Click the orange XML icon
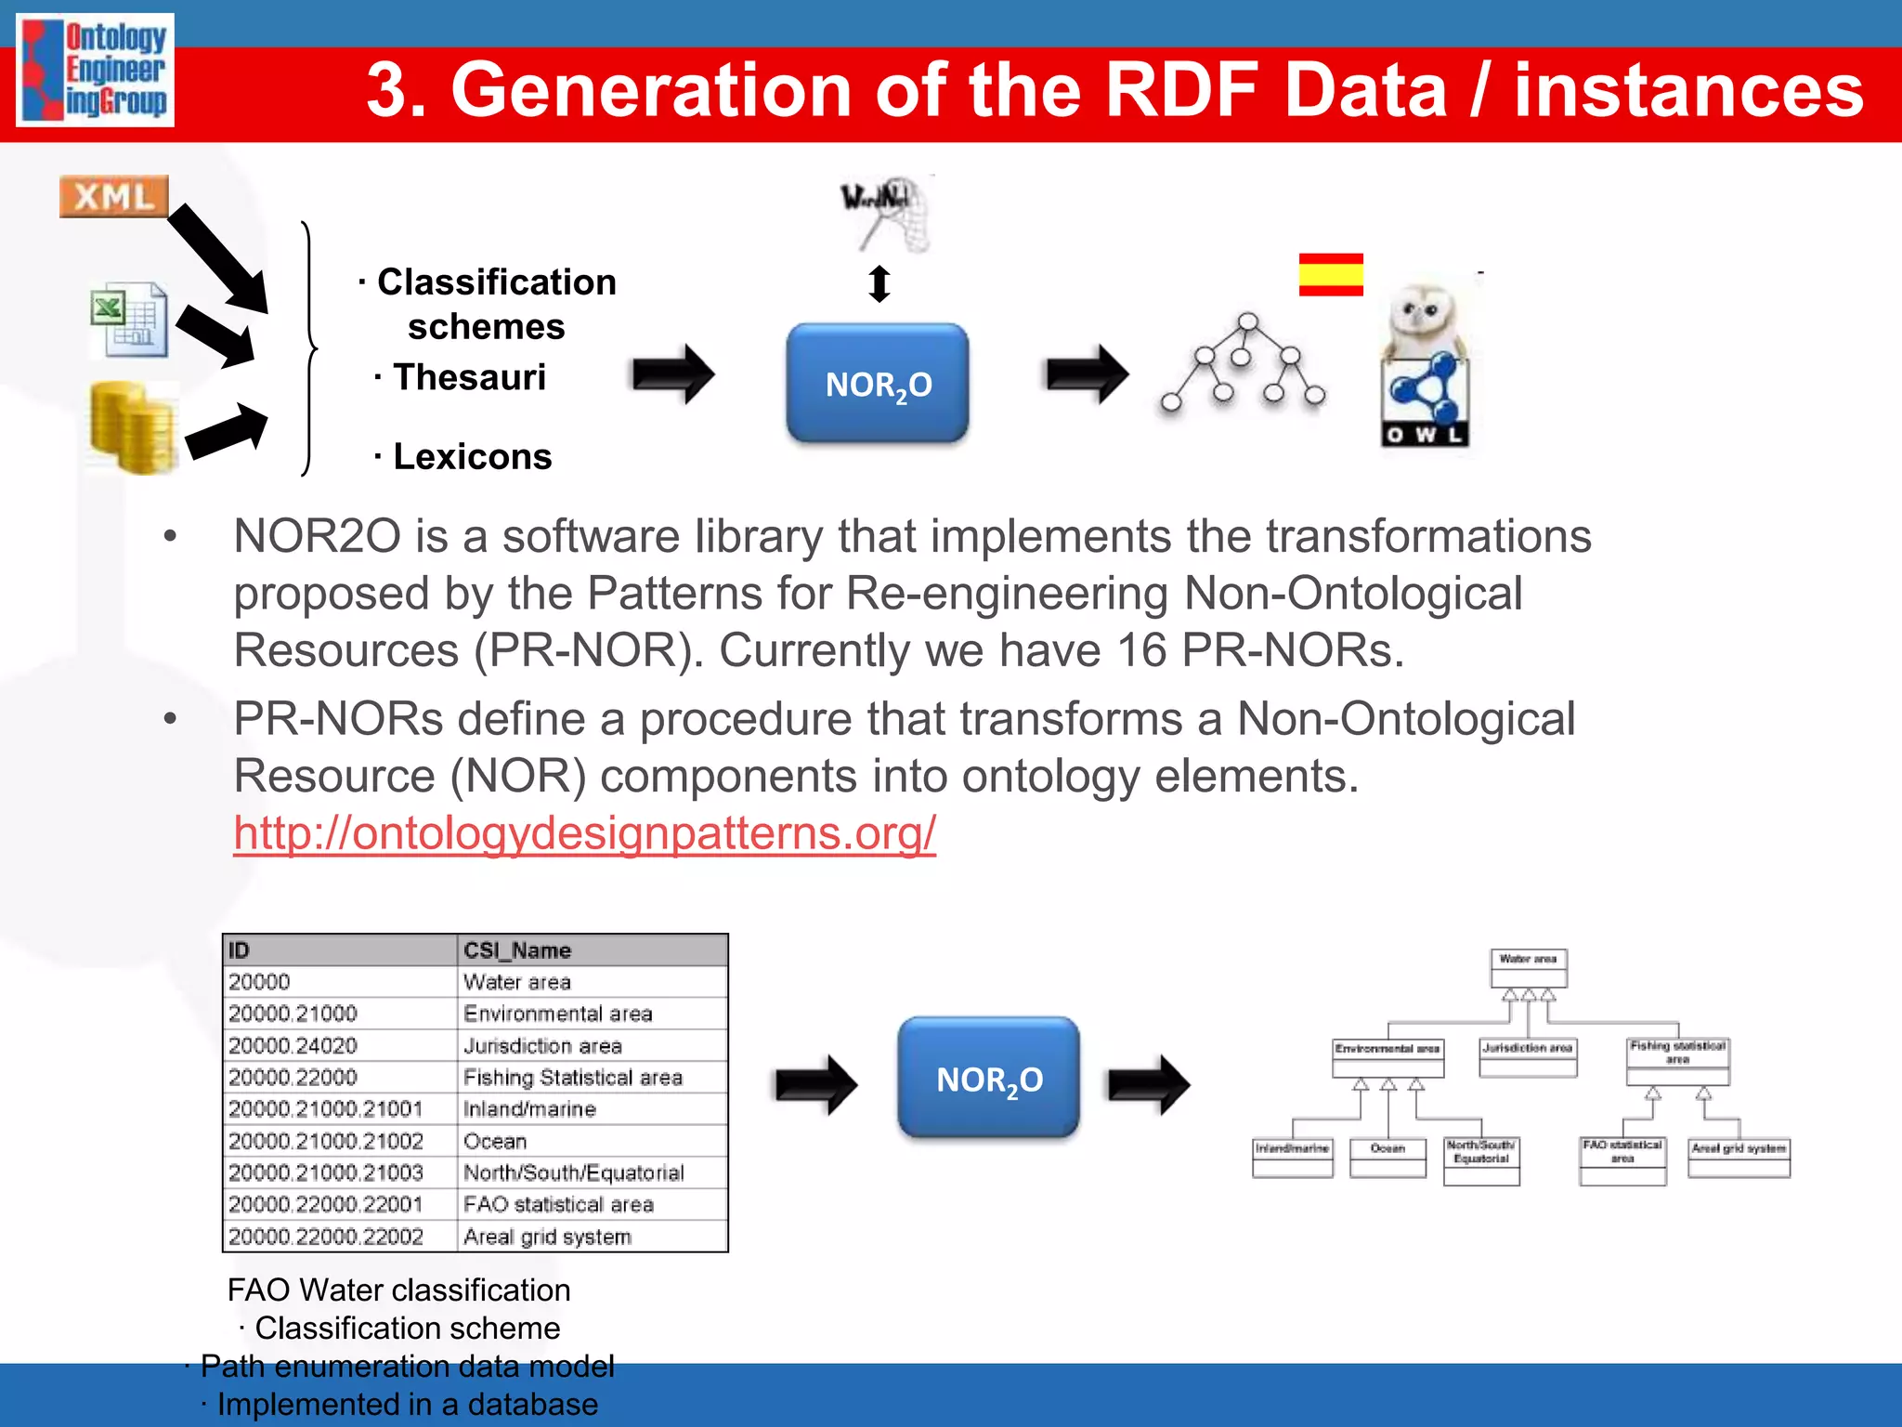pos(113,196)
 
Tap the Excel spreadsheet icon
pos(130,320)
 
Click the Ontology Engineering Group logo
pos(96,70)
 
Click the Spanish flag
pos(1330,274)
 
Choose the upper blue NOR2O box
pos(878,383)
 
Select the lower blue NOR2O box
pos(988,1078)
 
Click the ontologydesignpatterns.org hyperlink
pos(584,832)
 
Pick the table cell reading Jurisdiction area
pos(542,1046)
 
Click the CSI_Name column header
pos(517,950)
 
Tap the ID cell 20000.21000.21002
pos(326,1141)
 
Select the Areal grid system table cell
pos(547,1237)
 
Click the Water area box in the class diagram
pos(1528,967)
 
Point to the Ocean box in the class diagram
pos(1387,1158)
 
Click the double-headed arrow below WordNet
pos(879,283)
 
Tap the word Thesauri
pos(469,377)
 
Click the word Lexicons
pos(473,456)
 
